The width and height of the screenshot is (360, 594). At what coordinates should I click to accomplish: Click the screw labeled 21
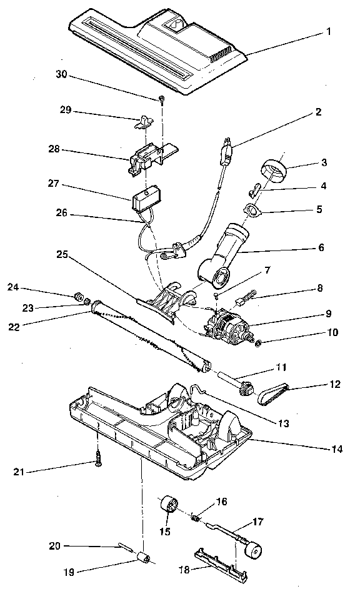pyautogui.click(x=99, y=461)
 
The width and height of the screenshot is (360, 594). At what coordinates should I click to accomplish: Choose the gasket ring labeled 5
pyautogui.click(x=252, y=210)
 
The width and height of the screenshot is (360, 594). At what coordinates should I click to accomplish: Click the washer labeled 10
pyautogui.click(x=258, y=342)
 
